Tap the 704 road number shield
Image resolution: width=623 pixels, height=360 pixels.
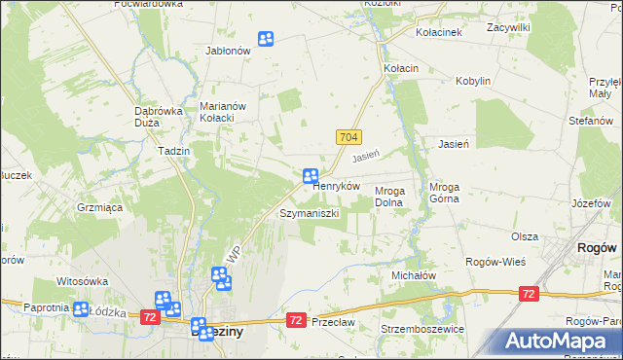click(x=350, y=140)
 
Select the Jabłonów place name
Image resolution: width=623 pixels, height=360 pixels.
click(x=229, y=51)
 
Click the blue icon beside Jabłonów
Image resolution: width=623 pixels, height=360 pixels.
click(x=265, y=39)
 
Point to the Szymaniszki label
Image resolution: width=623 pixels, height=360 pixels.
click(x=309, y=212)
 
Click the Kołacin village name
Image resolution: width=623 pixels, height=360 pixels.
click(x=401, y=68)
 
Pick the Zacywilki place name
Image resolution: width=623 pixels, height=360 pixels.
click(x=508, y=28)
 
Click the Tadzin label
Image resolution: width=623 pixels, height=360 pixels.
click(x=172, y=151)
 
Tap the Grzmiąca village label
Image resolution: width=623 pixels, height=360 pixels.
click(x=99, y=206)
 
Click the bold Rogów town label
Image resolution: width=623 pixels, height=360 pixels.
click(x=597, y=248)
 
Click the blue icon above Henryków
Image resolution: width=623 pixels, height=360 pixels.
click(x=311, y=176)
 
